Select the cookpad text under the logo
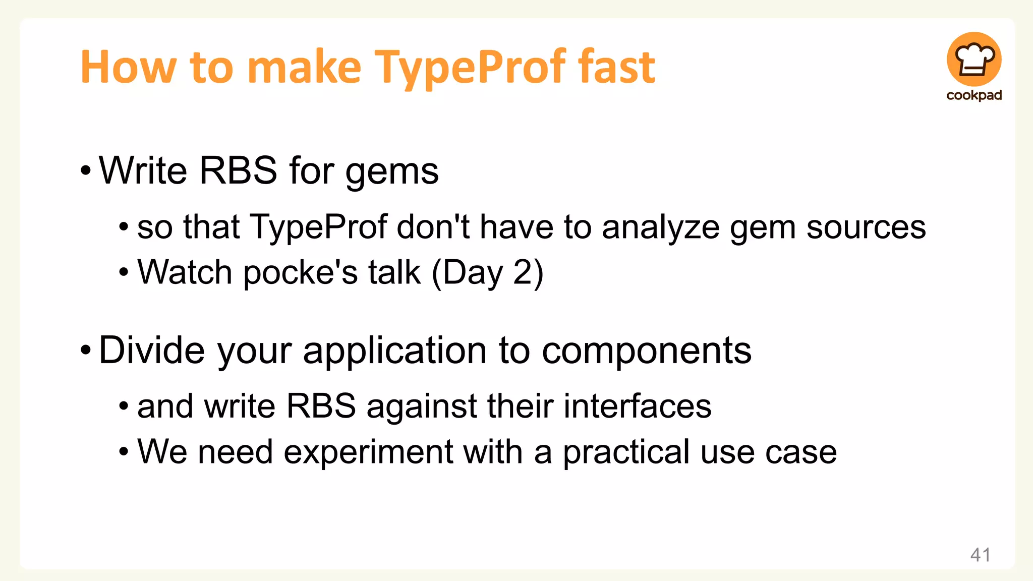click(x=974, y=95)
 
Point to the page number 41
click(x=980, y=555)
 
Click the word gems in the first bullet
click(x=392, y=171)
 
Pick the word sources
click(x=866, y=227)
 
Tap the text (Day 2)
click(x=488, y=273)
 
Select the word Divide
click(x=152, y=350)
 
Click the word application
click(x=394, y=351)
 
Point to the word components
click(x=647, y=351)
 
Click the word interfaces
click(x=637, y=406)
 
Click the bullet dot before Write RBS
click(x=86, y=171)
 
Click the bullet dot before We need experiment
click(x=124, y=452)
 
